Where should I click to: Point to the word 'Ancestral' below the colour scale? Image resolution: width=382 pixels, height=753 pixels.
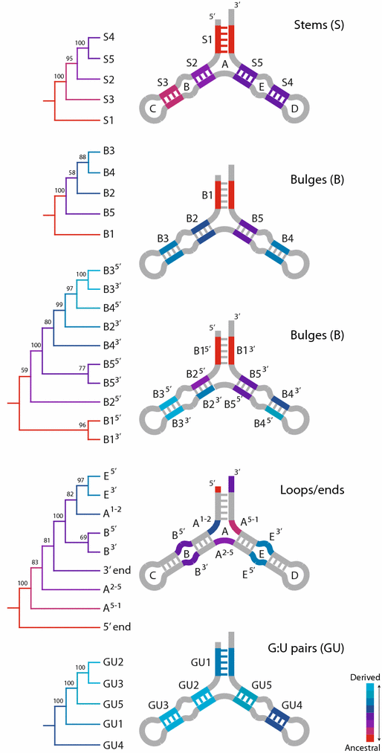pyautogui.click(x=363, y=746)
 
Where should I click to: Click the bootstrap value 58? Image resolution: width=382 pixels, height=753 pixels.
pyautogui.click(x=71, y=172)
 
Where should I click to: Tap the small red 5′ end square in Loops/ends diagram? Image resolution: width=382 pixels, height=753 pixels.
pyautogui.click(x=218, y=490)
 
